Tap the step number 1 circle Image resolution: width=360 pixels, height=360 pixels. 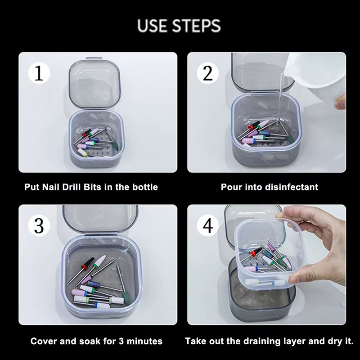point(39,73)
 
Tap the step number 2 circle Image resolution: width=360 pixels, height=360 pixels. point(207,73)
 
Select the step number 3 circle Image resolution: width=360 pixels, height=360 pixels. point(39,225)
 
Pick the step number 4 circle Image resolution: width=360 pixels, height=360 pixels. point(207,225)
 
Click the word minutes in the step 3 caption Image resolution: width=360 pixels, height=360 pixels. point(144,341)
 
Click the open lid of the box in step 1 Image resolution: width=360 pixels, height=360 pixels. point(94,83)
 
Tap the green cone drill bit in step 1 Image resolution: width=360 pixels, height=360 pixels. point(115,145)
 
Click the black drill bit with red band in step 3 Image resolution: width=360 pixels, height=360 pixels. point(87,263)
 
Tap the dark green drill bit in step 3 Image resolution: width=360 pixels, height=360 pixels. point(126,297)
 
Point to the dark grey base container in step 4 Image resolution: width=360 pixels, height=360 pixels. point(262,296)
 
